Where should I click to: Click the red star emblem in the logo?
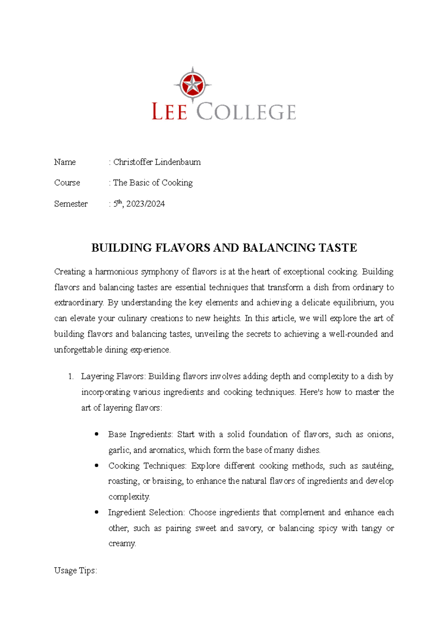192,85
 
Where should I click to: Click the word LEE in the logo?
169,112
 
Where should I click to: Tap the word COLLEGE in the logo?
246,112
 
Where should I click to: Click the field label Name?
65,162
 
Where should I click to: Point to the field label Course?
67,183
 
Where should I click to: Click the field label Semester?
71,204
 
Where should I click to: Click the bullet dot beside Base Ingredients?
97,434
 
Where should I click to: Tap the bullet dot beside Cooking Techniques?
97,466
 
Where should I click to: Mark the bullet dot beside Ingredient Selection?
97,512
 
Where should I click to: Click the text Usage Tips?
75,571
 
